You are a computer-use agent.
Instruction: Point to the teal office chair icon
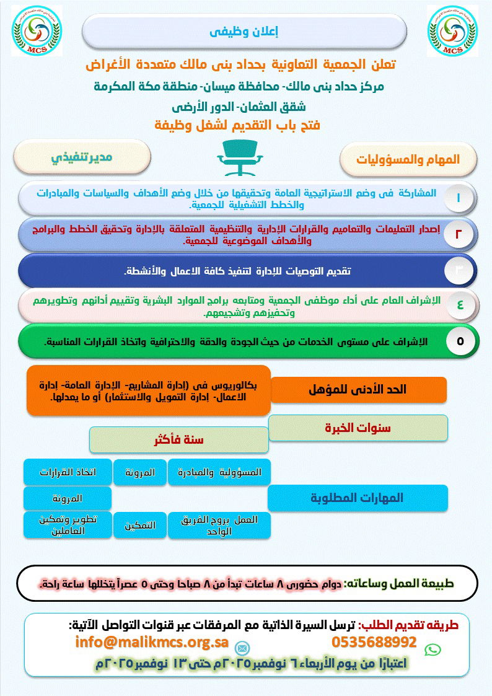tap(242, 157)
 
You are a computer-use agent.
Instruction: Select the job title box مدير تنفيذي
tap(82, 157)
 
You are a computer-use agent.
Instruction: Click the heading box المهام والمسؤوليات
tap(408, 159)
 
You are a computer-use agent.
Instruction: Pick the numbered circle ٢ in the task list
tap(459, 234)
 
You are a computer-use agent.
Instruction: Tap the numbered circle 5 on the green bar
tap(460, 341)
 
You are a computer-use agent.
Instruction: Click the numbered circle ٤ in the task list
tap(460, 305)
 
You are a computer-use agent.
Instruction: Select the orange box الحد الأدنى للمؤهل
tap(358, 389)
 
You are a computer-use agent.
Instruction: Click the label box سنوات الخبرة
tap(358, 428)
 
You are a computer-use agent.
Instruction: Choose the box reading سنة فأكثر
tap(178, 439)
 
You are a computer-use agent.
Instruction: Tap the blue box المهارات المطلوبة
tap(358, 498)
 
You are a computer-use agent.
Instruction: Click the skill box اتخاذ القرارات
tap(68, 472)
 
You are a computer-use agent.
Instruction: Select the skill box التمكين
tap(139, 526)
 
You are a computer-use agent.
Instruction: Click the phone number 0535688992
tap(374, 641)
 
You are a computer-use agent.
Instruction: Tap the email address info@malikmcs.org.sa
tap(152, 641)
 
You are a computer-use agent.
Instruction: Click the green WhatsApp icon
tap(433, 650)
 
